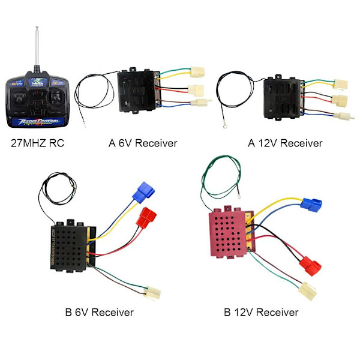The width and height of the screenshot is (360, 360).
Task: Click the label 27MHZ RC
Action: coord(38,143)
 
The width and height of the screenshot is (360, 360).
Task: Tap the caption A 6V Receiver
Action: coord(143,143)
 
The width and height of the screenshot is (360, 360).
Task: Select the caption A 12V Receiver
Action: coord(285,143)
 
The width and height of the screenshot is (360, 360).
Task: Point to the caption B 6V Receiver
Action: coord(99,312)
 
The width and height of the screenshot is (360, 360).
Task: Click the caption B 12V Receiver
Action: coord(261,312)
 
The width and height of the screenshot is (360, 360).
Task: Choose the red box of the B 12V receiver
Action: coord(228,237)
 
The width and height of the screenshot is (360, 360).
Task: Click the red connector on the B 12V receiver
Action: coord(308,263)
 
